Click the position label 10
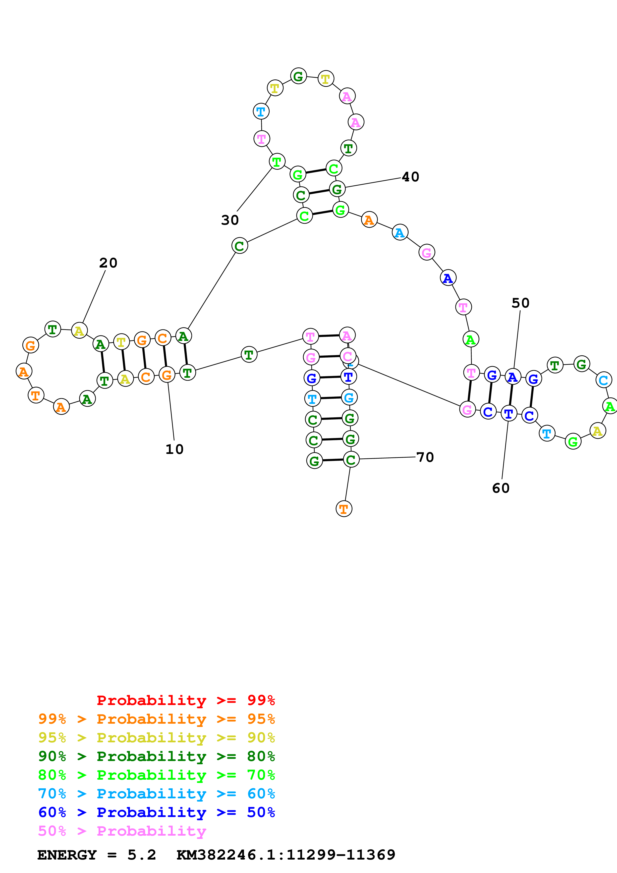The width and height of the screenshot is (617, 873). tap(174, 449)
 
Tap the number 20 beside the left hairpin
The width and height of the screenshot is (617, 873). tap(108, 263)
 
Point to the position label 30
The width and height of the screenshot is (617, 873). tap(230, 220)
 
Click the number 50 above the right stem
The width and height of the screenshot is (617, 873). tap(520, 303)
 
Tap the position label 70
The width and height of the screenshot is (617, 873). tap(425, 457)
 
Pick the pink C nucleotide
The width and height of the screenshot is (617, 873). tap(347, 356)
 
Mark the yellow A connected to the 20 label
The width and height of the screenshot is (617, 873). tap(79, 331)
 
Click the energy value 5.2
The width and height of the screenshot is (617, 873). tap(141, 855)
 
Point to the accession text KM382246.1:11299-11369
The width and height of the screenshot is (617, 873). tap(286, 855)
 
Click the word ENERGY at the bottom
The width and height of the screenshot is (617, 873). tap(67, 855)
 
